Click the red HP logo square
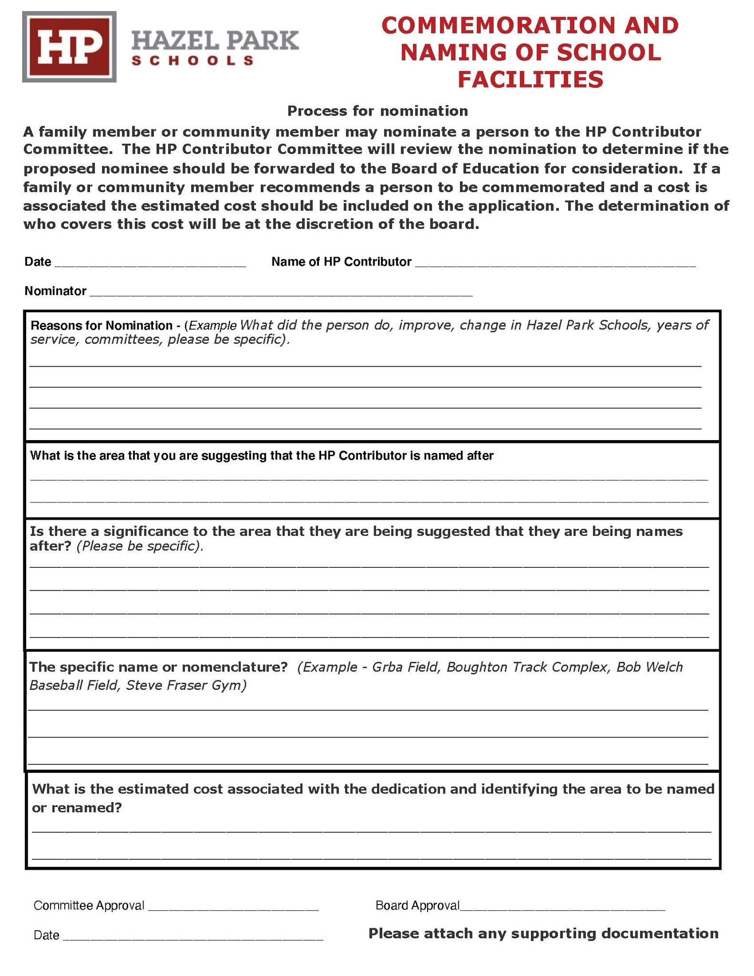tap(69, 47)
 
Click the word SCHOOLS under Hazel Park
tap(192, 61)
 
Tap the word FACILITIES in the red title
tap(530, 79)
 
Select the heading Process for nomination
tap(377, 111)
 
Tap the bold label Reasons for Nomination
tap(102, 326)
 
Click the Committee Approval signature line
tap(233, 906)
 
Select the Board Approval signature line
tap(562, 906)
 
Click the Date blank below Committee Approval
tap(193, 936)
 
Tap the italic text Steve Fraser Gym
tap(186, 686)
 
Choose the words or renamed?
tap(77, 808)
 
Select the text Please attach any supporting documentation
tap(543, 933)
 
